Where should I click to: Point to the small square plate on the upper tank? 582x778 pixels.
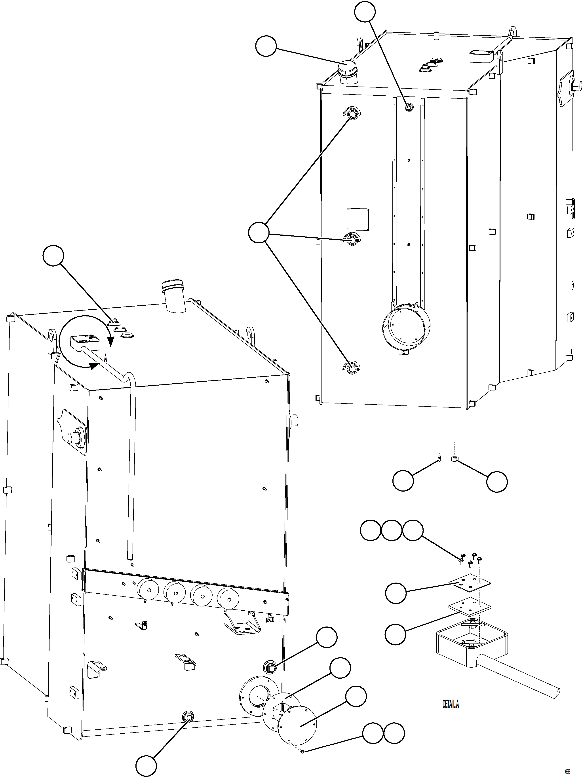tap(358, 219)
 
